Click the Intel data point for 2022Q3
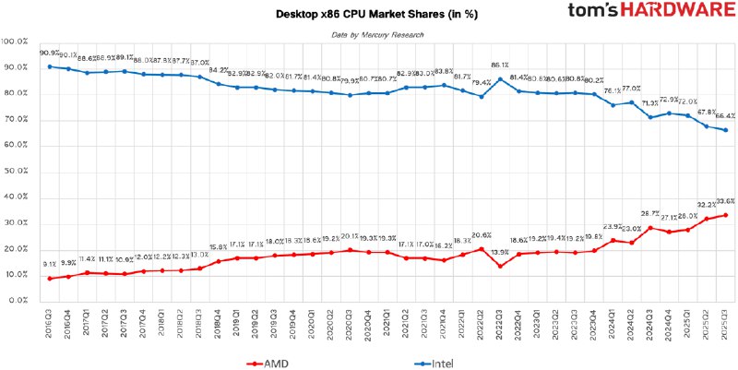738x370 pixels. click(500, 78)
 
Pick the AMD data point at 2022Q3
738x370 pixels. click(500, 266)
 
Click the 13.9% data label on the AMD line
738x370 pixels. click(500, 253)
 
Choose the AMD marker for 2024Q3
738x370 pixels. click(650, 228)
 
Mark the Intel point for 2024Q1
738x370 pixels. click(613, 105)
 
